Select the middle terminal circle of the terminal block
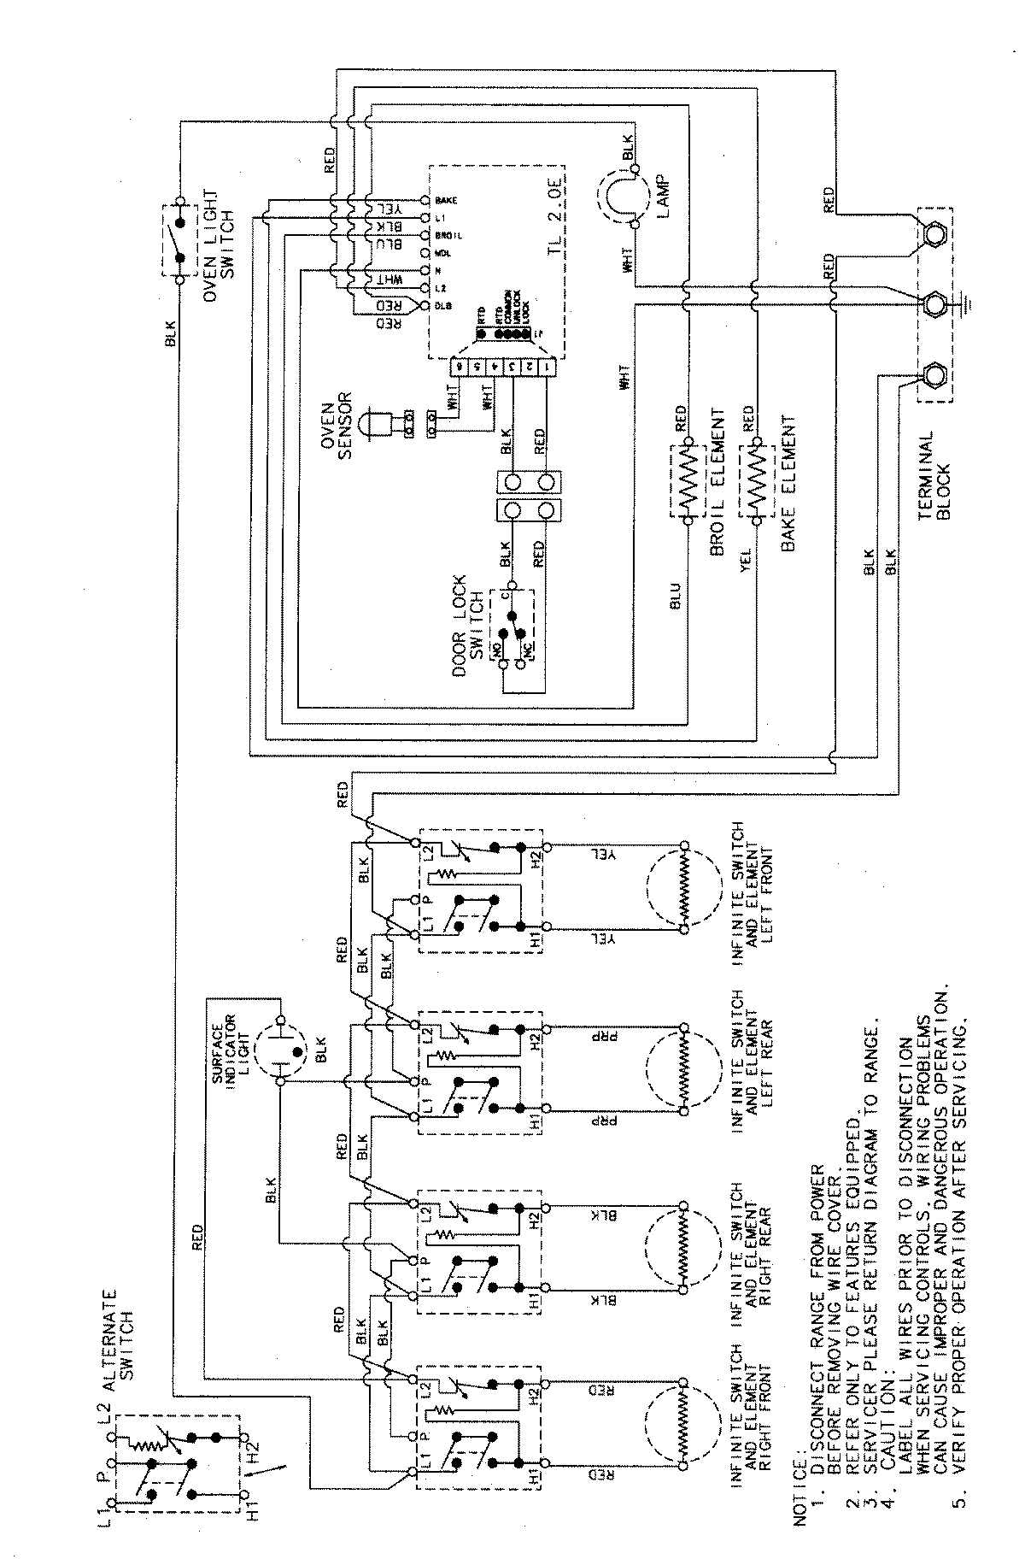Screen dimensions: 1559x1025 934,303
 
